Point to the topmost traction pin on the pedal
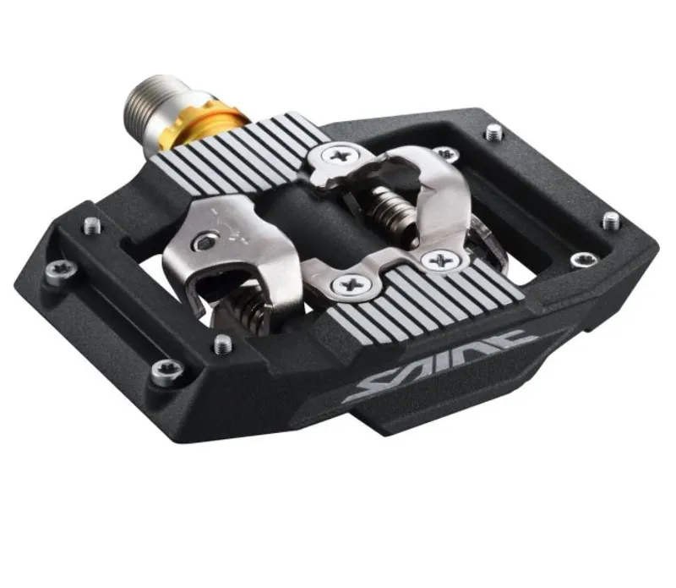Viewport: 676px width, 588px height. click(x=494, y=131)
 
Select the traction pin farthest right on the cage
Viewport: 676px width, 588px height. click(x=610, y=221)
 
